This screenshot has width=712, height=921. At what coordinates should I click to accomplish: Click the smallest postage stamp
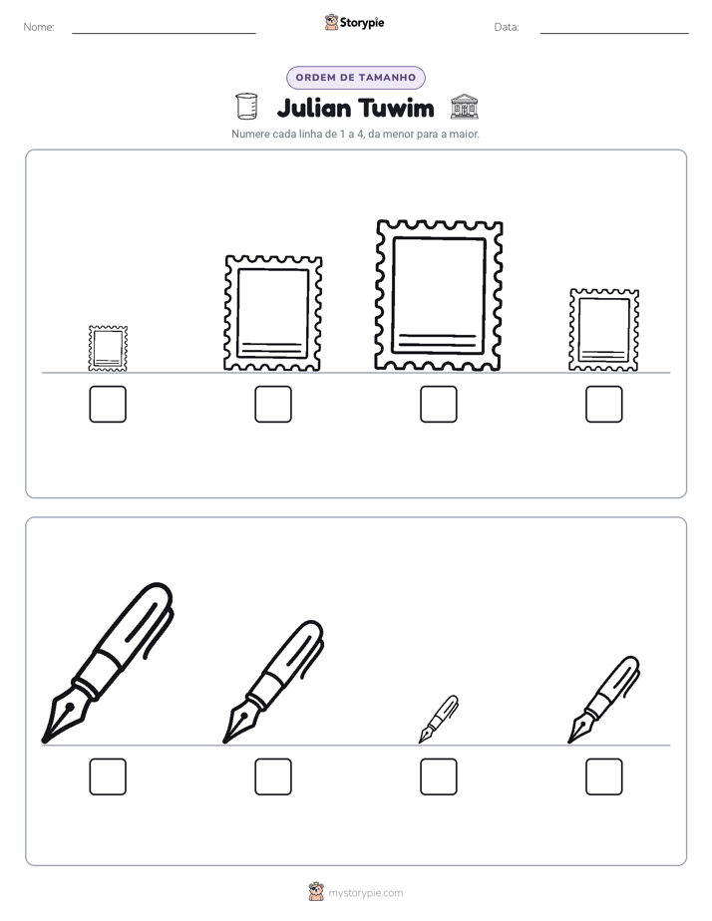pos(108,348)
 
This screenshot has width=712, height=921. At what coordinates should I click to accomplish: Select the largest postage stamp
pos(438,295)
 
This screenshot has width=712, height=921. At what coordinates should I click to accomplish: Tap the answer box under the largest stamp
pos(438,404)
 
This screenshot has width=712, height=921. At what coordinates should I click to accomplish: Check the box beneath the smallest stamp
pos(108,404)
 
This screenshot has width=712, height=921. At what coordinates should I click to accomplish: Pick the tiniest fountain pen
pos(438,719)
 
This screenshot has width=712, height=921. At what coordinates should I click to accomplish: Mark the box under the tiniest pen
pos(438,776)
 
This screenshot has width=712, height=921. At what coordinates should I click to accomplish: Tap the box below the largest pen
pos(108,776)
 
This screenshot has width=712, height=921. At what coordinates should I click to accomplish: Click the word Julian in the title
pos(314,109)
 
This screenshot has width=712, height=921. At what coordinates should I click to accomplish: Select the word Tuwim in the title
pos(396,109)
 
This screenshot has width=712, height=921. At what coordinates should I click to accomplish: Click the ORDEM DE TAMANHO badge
pos(355,78)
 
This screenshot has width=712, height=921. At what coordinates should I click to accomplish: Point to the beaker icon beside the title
pos(246,107)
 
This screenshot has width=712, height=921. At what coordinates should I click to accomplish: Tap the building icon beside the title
pos(464,107)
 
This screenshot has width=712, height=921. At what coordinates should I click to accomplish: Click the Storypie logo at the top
pos(354,22)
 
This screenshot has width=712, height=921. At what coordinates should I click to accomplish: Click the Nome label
pos(39,27)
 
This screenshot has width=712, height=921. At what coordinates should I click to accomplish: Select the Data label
pos(507,27)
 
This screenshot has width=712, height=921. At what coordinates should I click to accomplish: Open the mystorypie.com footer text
pos(365,893)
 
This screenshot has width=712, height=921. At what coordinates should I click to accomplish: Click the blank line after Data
pos(614,33)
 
